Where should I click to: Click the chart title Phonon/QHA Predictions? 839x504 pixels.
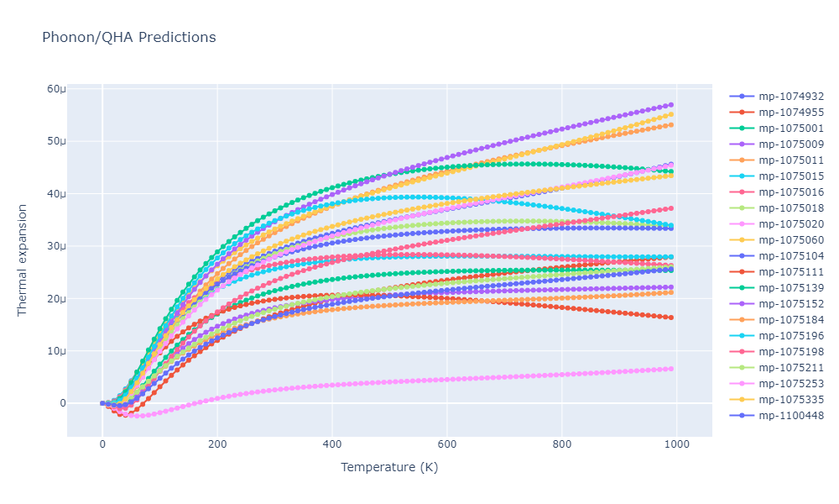[128, 38]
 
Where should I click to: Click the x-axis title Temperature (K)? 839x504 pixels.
[389, 467]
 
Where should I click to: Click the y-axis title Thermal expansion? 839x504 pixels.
[23, 260]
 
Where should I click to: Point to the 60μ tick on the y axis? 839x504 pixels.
[56, 89]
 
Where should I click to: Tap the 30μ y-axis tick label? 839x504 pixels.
[56, 246]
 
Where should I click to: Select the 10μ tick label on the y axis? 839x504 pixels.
[56, 351]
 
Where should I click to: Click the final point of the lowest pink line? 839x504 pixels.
[670, 369]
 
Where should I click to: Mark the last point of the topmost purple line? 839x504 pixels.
[670, 105]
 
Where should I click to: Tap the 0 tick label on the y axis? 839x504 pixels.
[61, 403]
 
